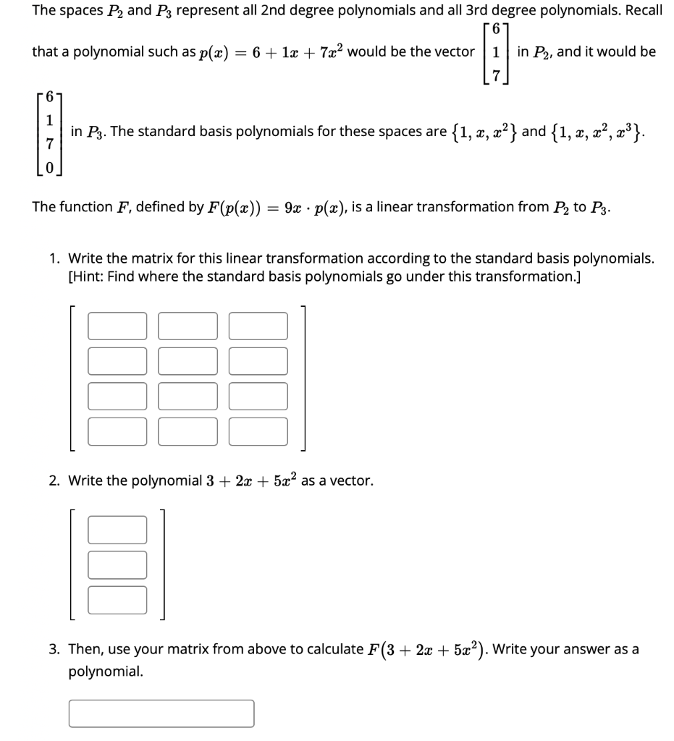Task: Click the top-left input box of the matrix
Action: [117, 326]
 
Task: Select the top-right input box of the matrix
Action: [258, 326]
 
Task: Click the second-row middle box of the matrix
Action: [188, 361]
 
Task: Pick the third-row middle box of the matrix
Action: [188, 396]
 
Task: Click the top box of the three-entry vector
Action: [117, 529]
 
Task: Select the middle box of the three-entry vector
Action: [117, 564]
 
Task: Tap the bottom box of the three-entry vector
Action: [117, 599]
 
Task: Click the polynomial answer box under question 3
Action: [161, 713]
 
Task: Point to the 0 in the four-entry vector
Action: [49, 168]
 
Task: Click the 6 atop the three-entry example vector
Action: [496, 30]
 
